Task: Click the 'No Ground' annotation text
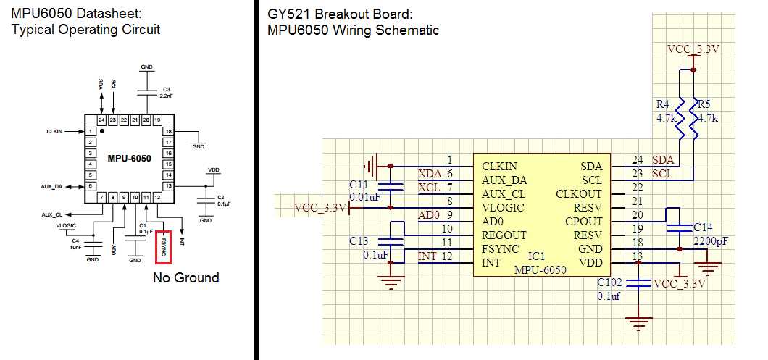185,277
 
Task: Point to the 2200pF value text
711,241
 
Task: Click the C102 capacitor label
611,283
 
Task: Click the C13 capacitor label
359,240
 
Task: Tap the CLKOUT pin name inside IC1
579,194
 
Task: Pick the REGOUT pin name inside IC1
504,235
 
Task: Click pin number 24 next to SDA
637,160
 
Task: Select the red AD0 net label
429,215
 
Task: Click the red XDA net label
430,174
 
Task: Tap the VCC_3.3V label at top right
694,49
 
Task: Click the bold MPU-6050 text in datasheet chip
129,159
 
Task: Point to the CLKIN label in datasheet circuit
55,131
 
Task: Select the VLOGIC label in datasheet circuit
66,226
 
